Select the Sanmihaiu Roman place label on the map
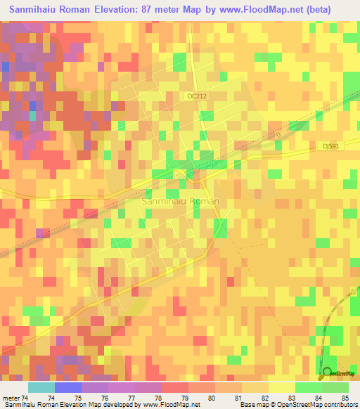click(181, 201)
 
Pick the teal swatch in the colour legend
click(41, 388)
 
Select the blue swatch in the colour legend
click(67, 388)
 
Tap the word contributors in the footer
click(341, 404)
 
